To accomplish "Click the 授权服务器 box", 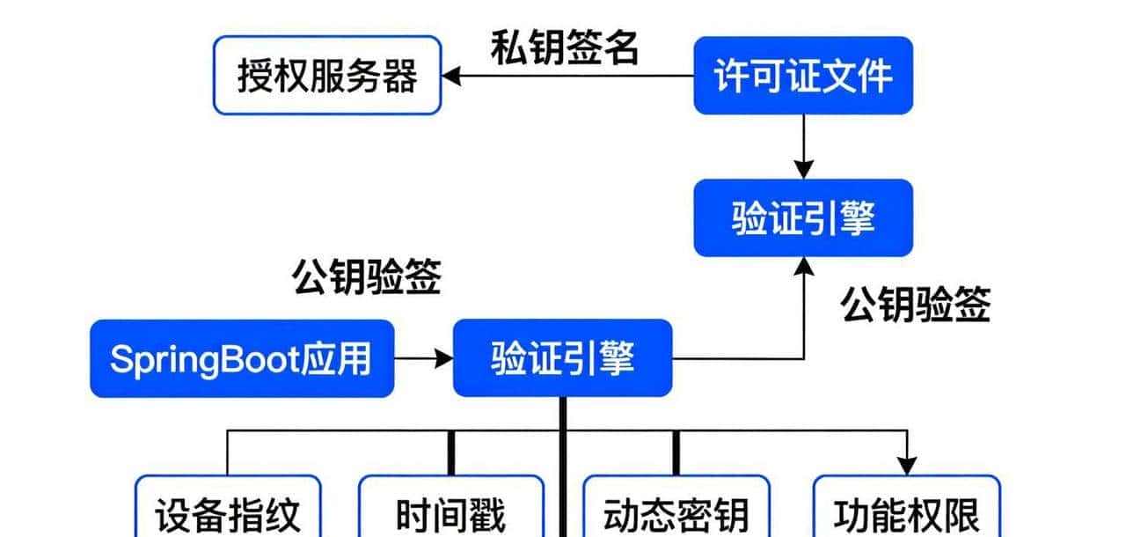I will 327,76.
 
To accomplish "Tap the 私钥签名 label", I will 564,49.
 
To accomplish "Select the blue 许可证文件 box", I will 802,76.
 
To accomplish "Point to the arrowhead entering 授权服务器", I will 450,77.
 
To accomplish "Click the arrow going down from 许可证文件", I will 804,145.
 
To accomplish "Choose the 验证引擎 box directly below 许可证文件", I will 802,218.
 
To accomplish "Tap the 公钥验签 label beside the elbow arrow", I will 916,305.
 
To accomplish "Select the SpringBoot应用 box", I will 241,358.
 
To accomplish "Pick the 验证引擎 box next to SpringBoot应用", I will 562,358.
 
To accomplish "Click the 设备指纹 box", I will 228,512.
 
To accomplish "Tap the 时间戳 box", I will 451,512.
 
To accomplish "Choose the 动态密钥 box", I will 676,512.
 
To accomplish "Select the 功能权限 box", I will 905,512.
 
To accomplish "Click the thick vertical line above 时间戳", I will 452,452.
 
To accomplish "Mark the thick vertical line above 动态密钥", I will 676,452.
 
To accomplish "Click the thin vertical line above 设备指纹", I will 228,452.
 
